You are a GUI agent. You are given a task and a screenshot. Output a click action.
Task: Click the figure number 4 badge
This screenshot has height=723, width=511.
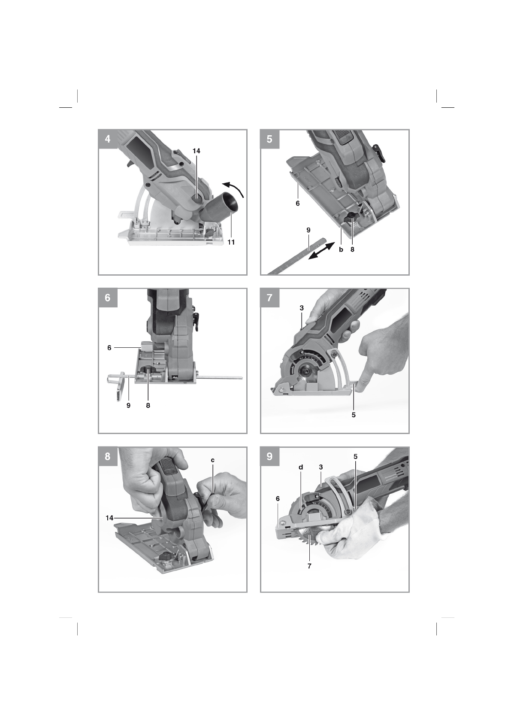pos(108,139)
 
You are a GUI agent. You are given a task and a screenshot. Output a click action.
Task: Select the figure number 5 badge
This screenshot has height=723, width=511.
pos(270,139)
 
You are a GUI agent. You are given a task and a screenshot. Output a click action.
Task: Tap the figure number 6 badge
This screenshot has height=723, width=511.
pos(108,298)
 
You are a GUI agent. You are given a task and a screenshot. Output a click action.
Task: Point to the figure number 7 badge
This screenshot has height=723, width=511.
pos(270,298)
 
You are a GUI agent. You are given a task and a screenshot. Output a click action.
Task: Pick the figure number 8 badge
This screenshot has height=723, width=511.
pos(108,456)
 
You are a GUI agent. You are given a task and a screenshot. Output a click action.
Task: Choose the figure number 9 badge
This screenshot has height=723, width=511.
pos(270,456)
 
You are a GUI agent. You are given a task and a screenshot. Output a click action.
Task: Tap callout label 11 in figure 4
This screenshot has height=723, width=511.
pos(231,242)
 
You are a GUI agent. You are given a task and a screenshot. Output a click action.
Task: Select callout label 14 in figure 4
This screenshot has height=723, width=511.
pos(197,151)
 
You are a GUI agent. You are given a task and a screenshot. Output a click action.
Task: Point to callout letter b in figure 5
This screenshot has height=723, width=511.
pos(341,249)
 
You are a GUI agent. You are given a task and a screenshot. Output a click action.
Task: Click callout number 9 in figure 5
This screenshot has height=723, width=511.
pos(308,230)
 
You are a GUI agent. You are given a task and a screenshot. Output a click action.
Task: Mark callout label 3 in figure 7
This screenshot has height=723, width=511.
pos(302,308)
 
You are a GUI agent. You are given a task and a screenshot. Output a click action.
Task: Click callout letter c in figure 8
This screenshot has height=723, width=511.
pos(212,460)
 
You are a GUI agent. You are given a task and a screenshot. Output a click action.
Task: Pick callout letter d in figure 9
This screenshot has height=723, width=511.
pos(301,467)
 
